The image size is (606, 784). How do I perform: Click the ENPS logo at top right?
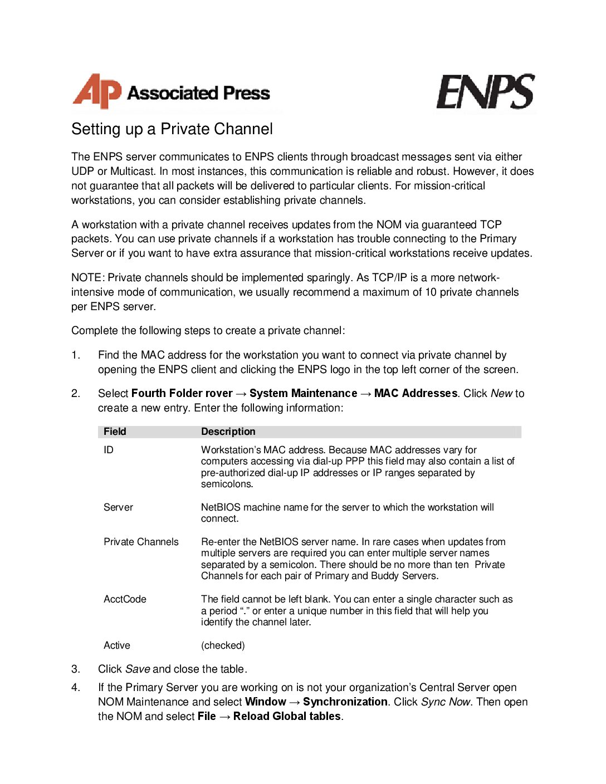[485, 92]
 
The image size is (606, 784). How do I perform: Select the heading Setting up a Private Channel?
[172, 129]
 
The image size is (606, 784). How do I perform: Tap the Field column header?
[115, 432]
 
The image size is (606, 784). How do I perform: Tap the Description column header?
[228, 432]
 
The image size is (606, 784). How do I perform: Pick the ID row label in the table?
[109, 450]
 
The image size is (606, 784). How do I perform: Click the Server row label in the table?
[118, 507]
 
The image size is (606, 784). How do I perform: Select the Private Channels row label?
[141, 542]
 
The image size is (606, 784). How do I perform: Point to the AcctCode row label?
[125, 599]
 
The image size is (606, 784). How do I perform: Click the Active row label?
[117, 645]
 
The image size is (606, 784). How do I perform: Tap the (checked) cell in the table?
[223, 645]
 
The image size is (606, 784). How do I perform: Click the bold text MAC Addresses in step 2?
[416, 394]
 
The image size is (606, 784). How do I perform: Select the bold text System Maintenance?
[303, 394]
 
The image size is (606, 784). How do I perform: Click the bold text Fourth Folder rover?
[182, 394]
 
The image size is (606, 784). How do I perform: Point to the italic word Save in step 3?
[137, 669]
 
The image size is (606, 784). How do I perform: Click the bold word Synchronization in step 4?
[345, 702]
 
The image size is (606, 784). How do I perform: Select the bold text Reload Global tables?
[287, 717]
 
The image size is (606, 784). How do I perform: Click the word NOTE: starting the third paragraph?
[88, 278]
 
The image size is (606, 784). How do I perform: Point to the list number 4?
[75, 688]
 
